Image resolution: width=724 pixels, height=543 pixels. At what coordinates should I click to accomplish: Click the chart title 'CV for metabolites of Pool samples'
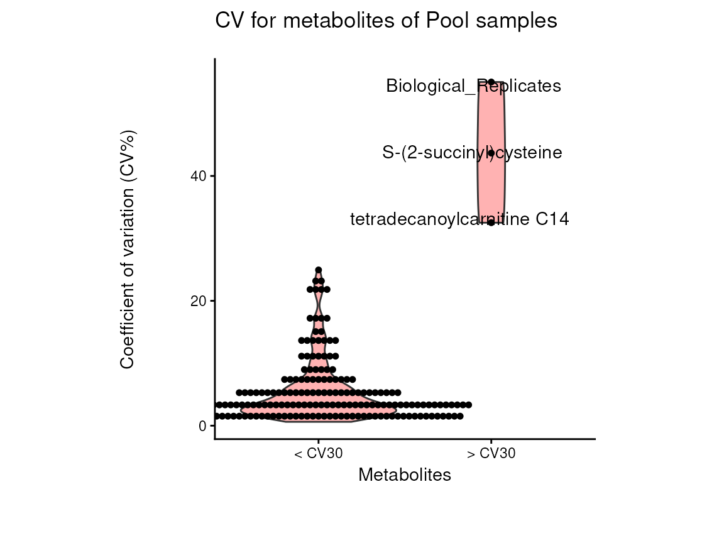click(x=386, y=21)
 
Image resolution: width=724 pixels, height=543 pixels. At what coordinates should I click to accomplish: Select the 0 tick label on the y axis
click(x=203, y=426)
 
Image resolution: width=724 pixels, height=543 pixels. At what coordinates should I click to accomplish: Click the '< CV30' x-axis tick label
click(x=319, y=454)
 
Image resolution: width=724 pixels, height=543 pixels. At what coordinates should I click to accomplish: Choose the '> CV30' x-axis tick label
click(x=491, y=454)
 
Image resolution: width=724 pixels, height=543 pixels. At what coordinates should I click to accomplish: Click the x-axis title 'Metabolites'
click(x=405, y=475)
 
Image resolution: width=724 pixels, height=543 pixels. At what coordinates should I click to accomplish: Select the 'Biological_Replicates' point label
click(x=473, y=85)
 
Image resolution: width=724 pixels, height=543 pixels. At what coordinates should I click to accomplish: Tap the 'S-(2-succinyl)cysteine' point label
click(x=472, y=153)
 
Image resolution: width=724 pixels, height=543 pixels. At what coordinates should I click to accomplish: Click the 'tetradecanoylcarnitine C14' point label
click(x=459, y=219)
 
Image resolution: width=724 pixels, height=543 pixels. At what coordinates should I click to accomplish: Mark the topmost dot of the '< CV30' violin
click(x=319, y=270)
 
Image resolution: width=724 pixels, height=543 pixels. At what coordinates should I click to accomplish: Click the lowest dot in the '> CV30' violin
click(x=491, y=222)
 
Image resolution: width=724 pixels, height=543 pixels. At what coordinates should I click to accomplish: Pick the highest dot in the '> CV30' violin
click(x=491, y=82)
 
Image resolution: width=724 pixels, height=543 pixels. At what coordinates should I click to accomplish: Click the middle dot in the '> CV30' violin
click(x=491, y=153)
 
